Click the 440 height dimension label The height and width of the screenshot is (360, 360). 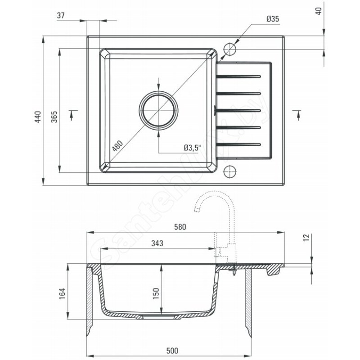(38, 117)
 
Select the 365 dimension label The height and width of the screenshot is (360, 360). (54, 117)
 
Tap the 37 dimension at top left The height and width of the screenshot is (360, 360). (61, 15)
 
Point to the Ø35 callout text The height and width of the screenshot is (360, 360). (273, 19)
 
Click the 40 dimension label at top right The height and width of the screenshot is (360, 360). (319, 11)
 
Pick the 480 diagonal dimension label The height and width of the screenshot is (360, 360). (118, 146)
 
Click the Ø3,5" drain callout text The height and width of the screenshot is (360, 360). (192, 148)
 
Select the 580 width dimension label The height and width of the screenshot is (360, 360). (180, 227)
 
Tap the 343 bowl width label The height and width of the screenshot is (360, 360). (157, 243)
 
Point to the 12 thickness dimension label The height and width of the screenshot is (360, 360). (306, 237)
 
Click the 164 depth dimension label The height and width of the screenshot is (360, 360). (62, 293)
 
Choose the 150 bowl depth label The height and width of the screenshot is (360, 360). (156, 293)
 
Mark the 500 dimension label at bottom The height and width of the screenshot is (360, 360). (172, 351)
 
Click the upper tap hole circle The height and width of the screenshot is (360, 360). (229, 49)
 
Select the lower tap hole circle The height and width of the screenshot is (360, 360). (229, 171)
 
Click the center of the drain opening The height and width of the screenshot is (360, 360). (158, 110)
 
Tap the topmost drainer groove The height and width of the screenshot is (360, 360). (238, 76)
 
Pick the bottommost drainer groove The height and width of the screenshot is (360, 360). (238, 144)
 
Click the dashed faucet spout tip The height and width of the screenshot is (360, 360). (197, 209)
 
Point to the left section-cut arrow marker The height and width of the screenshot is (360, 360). (72, 115)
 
